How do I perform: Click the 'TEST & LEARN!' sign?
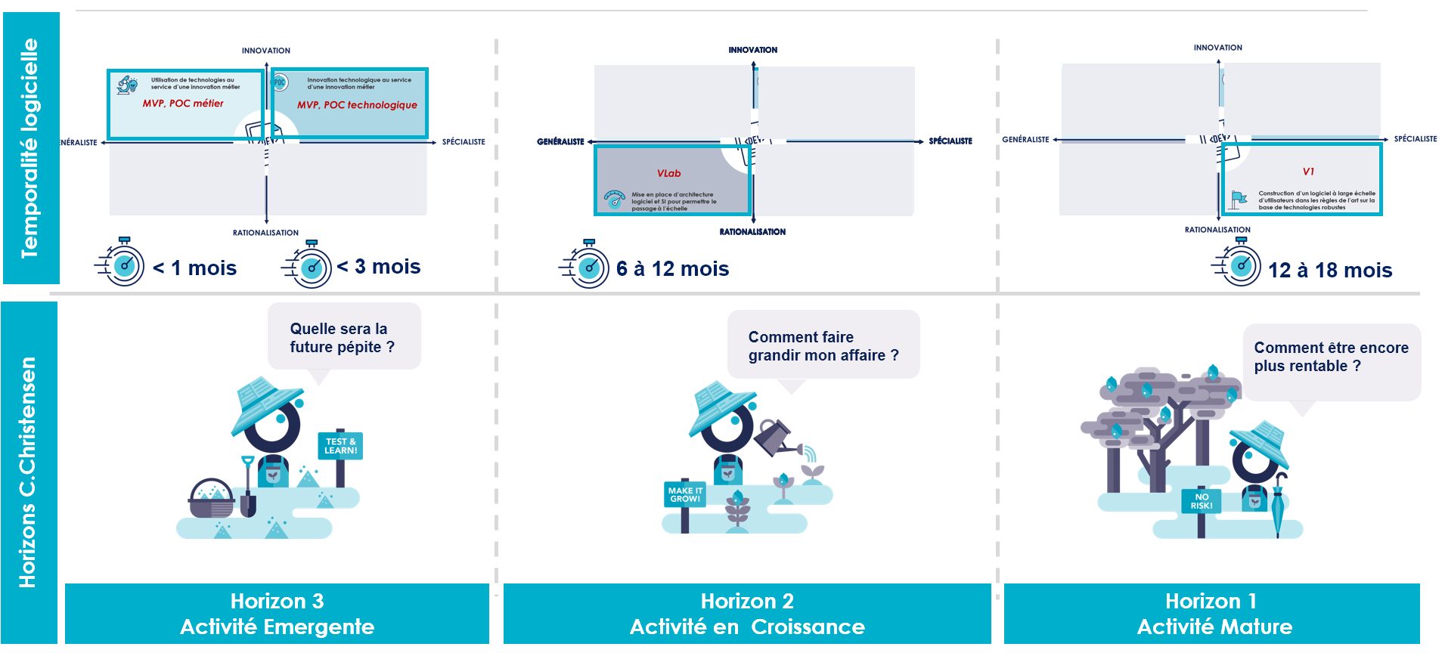(340, 446)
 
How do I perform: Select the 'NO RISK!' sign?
(1202, 501)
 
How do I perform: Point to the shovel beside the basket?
(248, 487)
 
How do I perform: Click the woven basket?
(211, 499)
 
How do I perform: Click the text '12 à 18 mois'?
(1329, 271)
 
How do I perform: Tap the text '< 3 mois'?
(379, 267)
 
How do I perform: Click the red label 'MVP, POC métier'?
(183, 104)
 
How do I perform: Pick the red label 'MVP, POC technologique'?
(357, 105)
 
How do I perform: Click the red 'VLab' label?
(668, 173)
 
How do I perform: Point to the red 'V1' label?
(1308, 172)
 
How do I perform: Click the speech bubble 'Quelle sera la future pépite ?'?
(343, 337)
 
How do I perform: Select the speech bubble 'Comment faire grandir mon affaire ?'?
(823, 345)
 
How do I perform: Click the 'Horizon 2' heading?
(747, 601)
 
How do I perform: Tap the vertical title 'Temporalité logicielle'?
(29, 148)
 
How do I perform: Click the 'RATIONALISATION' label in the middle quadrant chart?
(752, 232)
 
